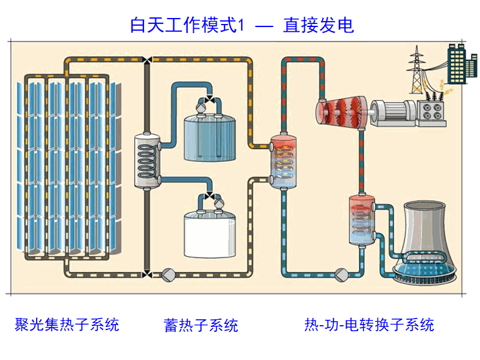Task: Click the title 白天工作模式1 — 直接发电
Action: (242, 25)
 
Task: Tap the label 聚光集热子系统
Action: (67, 325)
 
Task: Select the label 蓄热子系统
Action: (200, 325)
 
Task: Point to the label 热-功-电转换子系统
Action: (369, 325)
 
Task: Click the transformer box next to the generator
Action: (431, 110)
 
